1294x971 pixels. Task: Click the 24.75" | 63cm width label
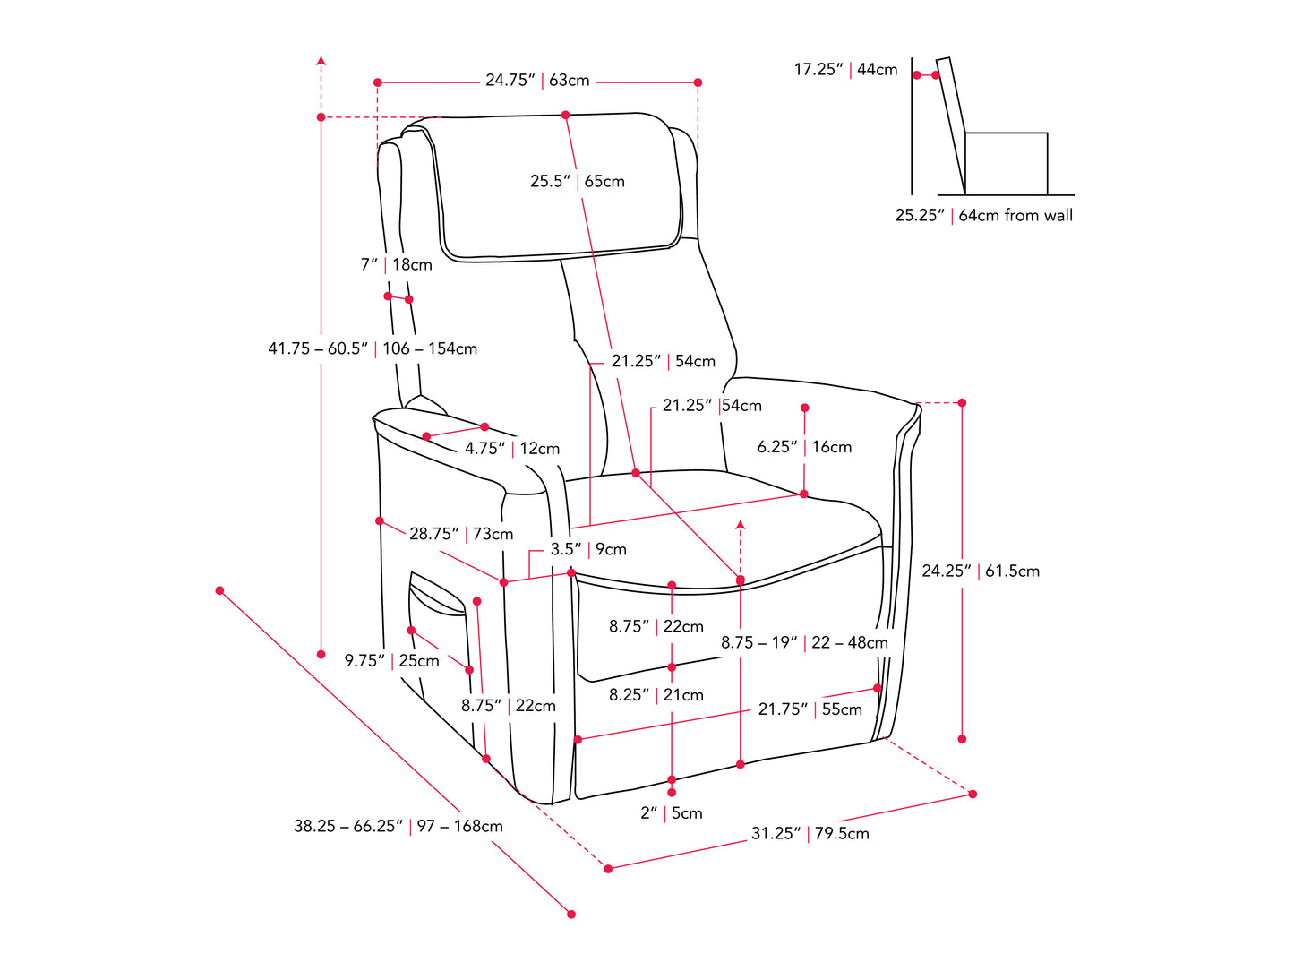coord(537,81)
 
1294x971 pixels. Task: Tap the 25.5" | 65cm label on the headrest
coord(577,181)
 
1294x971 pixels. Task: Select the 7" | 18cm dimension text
coord(396,265)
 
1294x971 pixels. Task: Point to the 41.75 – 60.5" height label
coord(318,348)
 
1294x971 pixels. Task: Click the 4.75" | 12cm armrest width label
coord(511,449)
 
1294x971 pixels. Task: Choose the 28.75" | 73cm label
coord(461,534)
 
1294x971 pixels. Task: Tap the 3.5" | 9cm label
coord(587,549)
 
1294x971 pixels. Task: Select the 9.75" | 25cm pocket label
coord(392,661)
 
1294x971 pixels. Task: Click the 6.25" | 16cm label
coord(804,447)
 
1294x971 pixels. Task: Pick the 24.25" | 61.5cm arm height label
coord(981,571)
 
